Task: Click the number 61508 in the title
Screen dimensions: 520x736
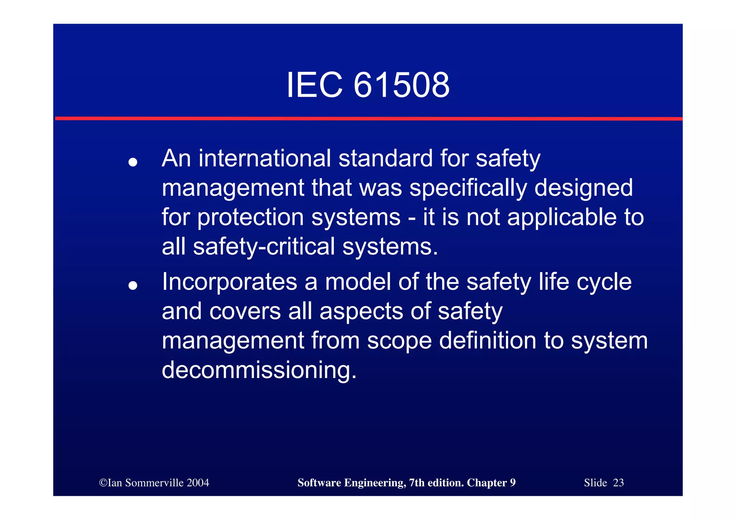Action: coord(401,85)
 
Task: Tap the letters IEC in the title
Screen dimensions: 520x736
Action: coord(314,85)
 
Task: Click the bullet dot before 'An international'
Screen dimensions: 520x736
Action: coord(133,162)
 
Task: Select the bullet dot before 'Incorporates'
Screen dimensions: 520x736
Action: coord(133,285)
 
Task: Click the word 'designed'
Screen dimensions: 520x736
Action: coord(583,189)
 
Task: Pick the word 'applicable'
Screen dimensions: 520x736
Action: coord(562,218)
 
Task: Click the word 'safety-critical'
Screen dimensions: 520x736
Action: coord(264,247)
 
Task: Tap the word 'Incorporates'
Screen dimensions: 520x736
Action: coord(229,282)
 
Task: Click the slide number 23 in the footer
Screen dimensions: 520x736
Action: coord(618,483)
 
